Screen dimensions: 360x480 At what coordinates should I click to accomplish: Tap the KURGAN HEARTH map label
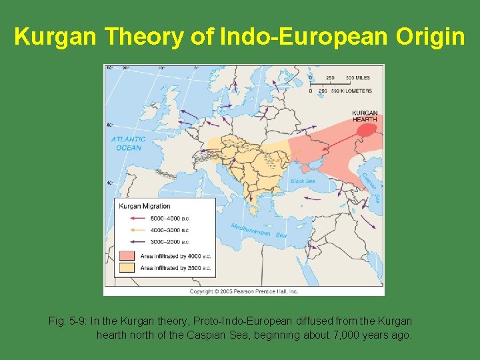pos(365,117)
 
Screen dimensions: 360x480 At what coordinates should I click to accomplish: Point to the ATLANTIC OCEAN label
pos(128,143)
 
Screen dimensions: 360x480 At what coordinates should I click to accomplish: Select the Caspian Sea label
pos(367,188)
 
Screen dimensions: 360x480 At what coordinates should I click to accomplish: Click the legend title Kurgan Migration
pos(145,206)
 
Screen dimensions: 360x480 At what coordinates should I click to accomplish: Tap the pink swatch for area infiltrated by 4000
pos(127,255)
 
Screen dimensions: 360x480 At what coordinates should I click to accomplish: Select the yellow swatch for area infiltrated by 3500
pos(127,267)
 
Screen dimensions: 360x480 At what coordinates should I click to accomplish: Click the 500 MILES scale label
pos(358,78)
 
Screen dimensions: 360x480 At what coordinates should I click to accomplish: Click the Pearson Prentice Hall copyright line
pos(243,291)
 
